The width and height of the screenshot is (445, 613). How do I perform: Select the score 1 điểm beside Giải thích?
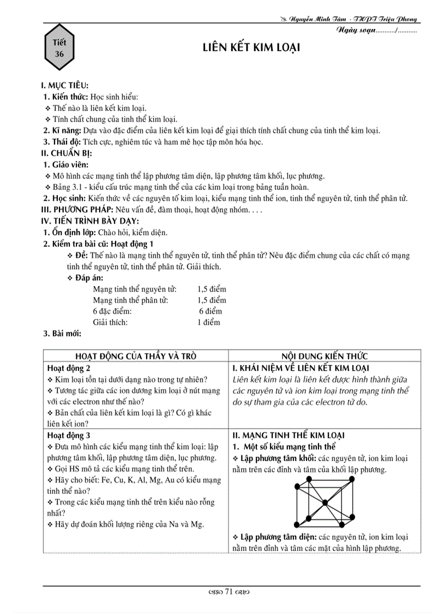[x=209, y=322]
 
